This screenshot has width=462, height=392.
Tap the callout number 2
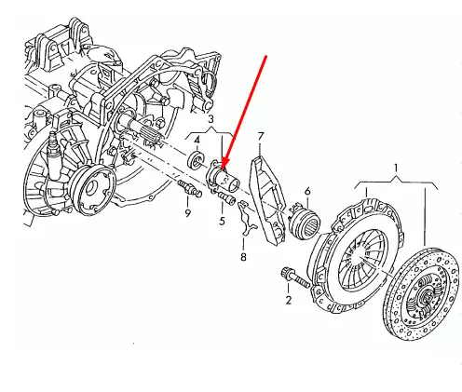coord(289,299)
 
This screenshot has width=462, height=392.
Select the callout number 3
coord(211,120)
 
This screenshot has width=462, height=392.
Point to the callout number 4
coord(197,140)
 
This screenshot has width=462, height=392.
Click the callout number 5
coord(222,221)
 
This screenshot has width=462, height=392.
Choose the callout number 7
coord(262,137)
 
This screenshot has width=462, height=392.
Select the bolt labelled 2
coord(292,277)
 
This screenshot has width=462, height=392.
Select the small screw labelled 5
coord(226,197)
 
